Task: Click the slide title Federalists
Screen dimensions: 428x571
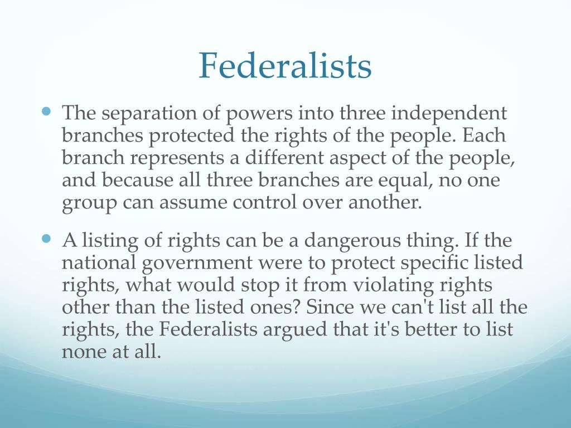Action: (x=285, y=66)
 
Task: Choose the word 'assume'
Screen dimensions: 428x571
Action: (x=184, y=203)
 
